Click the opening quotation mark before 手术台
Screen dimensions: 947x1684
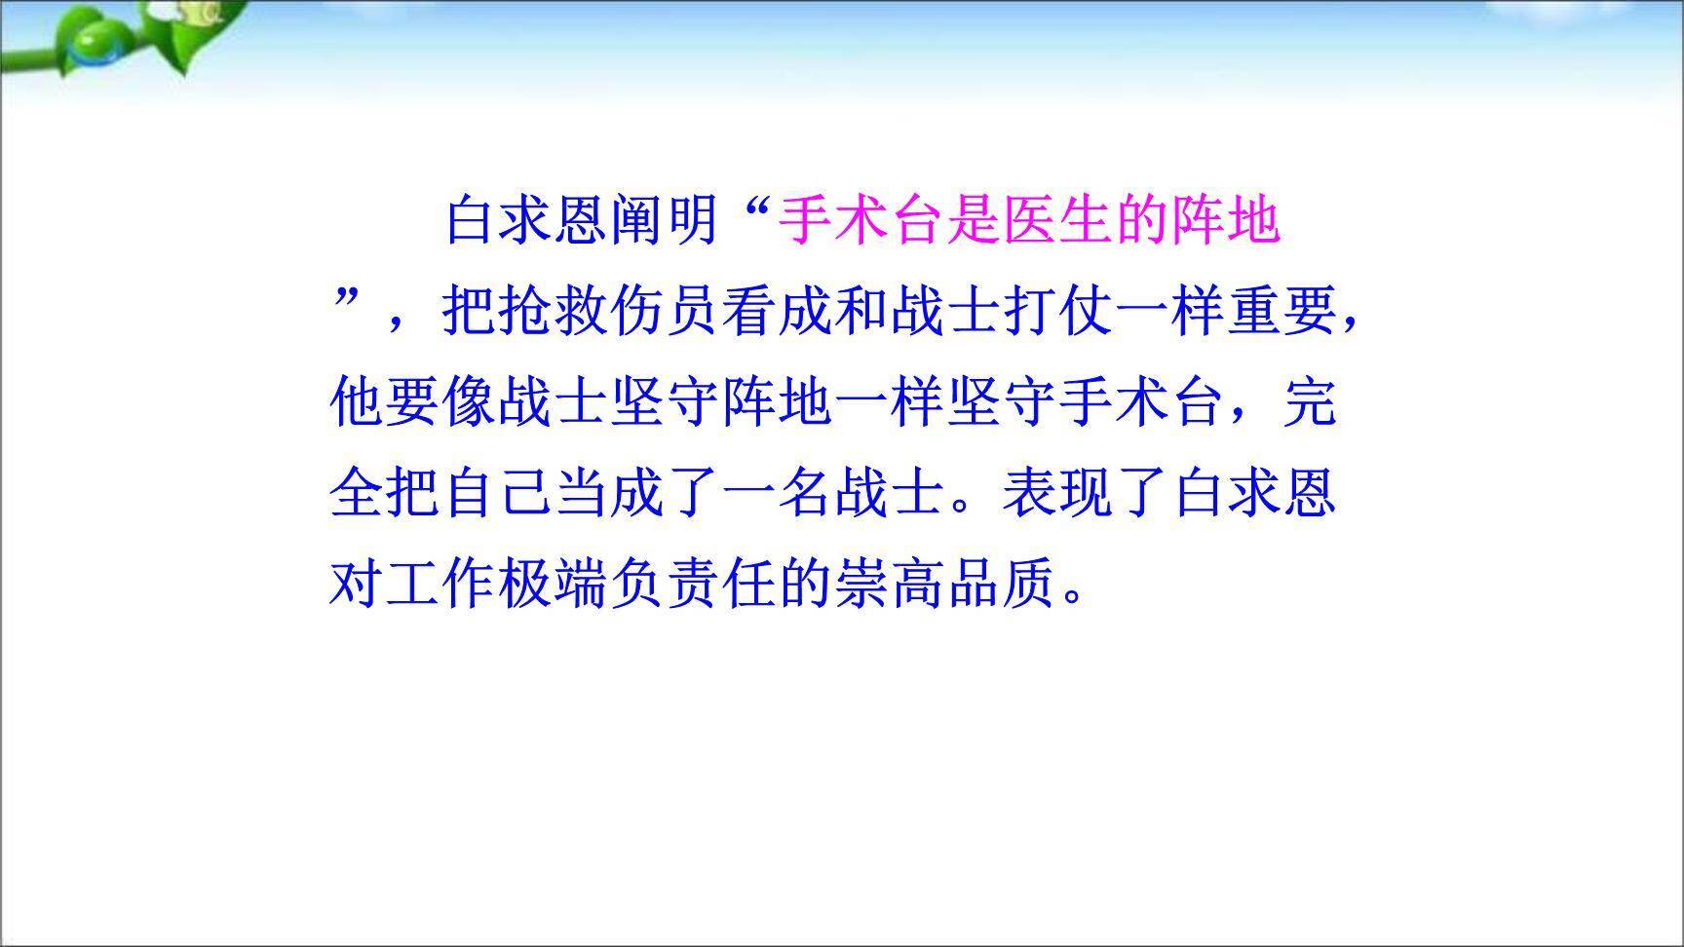(756, 209)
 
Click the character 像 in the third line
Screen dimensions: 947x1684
(469, 402)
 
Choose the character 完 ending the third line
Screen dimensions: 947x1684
(1309, 402)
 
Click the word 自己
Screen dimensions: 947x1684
(497, 493)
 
